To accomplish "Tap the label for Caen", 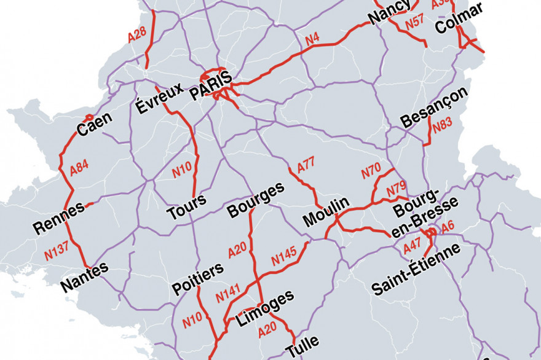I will click(x=95, y=126).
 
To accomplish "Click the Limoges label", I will click(x=266, y=310).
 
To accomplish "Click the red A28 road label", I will click(x=136, y=35).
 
